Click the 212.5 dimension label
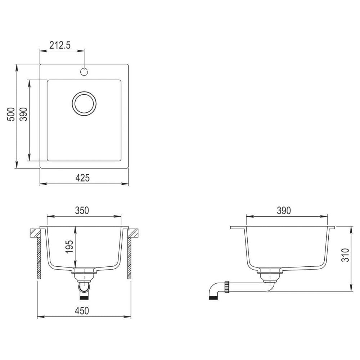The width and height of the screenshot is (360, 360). coord(60,45)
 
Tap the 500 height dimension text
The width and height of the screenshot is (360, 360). coord(11,114)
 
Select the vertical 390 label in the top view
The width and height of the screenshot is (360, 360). coord(24,114)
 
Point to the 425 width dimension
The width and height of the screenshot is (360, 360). coord(82,178)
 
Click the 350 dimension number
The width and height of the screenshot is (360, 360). coord(82,211)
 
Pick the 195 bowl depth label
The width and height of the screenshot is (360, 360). coord(69,247)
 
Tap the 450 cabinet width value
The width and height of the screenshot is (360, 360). coord(82,311)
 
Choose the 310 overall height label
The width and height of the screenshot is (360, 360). coord(345,255)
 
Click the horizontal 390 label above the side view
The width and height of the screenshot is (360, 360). coord(284,211)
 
